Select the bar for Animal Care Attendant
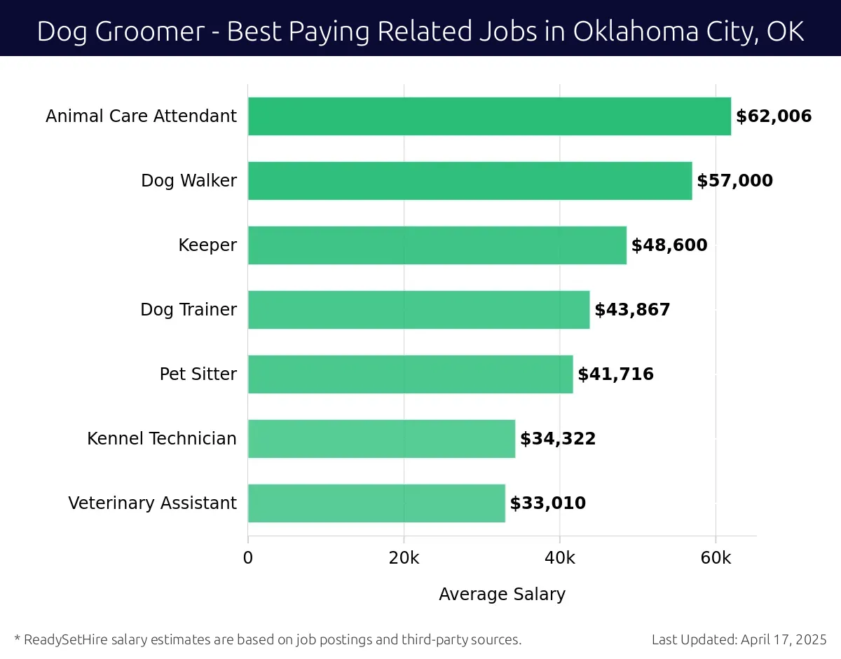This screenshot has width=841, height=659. pyautogui.click(x=489, y=116)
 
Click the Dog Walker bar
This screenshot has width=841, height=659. pyautogui.click(x=470, y=181)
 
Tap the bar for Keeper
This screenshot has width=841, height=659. pyautogui.click(x=437, y=245)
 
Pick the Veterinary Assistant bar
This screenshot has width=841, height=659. pyautogui.click(x=376, y=503)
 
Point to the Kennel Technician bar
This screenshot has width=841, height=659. pyautogui.click(x=381, y=439)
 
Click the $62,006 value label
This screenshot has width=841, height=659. pyautogui.click(x=774, y=116)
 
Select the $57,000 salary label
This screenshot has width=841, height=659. pyautogui.click(x=734, y=181)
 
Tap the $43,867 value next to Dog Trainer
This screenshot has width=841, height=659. pyautogui.click(x=632, y=310)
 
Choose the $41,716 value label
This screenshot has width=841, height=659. pyautogui.click(x=615, y=374)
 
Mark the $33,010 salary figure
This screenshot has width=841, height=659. pyautogui.click(x=547, y=503)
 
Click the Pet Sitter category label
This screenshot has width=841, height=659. pyautogui.click(x=198, y=374)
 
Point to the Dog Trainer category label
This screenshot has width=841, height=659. pyautogui.click(x=189, y=310)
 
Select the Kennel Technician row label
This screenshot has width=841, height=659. pyautogui.click(x=162, y=439)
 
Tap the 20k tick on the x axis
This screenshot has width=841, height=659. pyautogui.click(x=404, y=558)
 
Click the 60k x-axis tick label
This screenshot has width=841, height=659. pyautogui.click(x=716, y=558)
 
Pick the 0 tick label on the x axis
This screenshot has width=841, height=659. pyautogui.click(x=248, y=558)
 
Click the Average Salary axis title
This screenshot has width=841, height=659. pyautogui.click(x=502, y=595)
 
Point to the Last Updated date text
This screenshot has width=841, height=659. pyautogui.click(x=739, y=639)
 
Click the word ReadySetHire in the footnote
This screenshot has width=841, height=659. pyautogui.click(x=64, y=639)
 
